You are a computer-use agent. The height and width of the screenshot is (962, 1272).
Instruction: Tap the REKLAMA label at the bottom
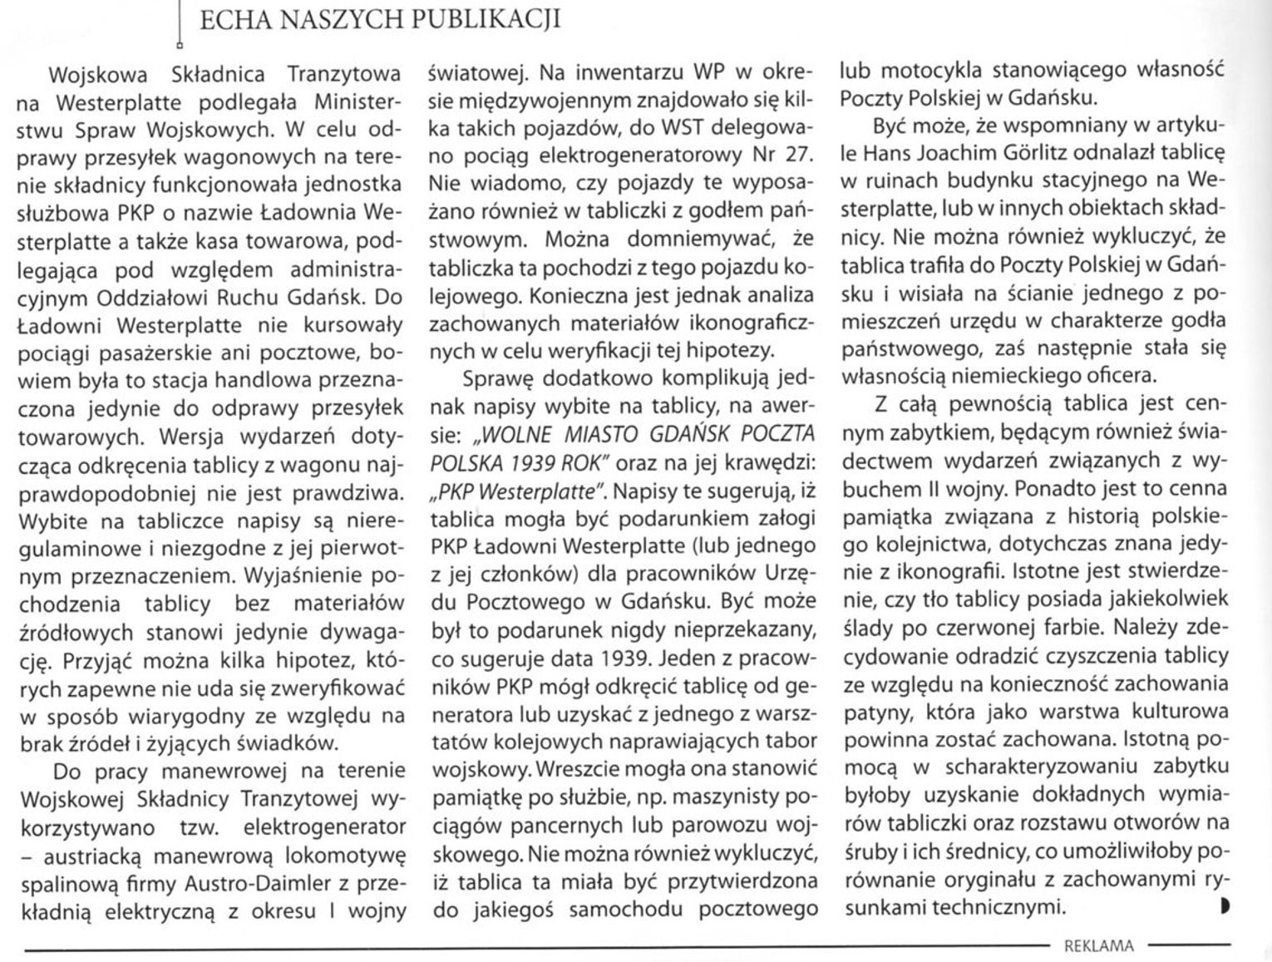click(x=1098, y=945)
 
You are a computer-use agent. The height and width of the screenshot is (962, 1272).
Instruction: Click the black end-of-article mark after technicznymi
click(x=1225, y=907)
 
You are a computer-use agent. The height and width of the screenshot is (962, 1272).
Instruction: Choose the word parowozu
click(x=724, y=827)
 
